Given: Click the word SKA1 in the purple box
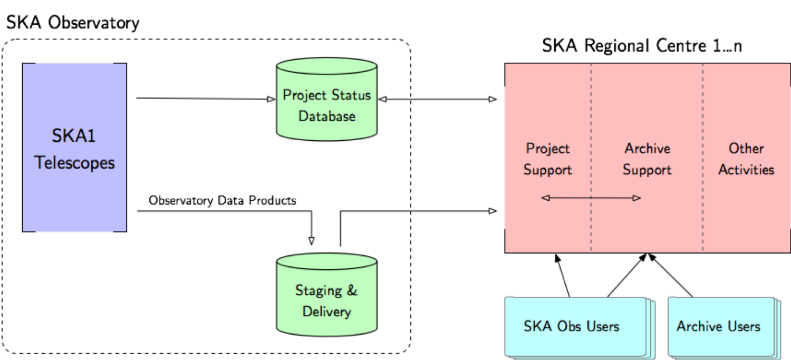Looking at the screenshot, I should (x=74, y=137).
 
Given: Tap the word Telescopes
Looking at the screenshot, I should (x=74, y=162).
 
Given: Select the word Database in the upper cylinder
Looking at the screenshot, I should (x=326, y=116).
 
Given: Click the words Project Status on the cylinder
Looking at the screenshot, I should (x=326, y=95).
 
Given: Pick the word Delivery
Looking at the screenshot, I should (x=326, y=312).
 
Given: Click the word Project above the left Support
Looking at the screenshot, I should (x=548, y=149).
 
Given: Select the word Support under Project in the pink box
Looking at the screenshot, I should (x=548, y=170).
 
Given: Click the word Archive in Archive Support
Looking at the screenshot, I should (x=647, y=149).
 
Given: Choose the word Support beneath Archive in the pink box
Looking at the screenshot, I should (x=647, y=170).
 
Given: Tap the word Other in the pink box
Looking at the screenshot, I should (x=746, y=149).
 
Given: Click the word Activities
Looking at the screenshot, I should (x=746, y=170).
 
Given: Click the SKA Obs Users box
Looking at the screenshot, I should (x=575, y=326).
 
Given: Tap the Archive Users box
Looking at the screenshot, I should (x=720, y=326).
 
